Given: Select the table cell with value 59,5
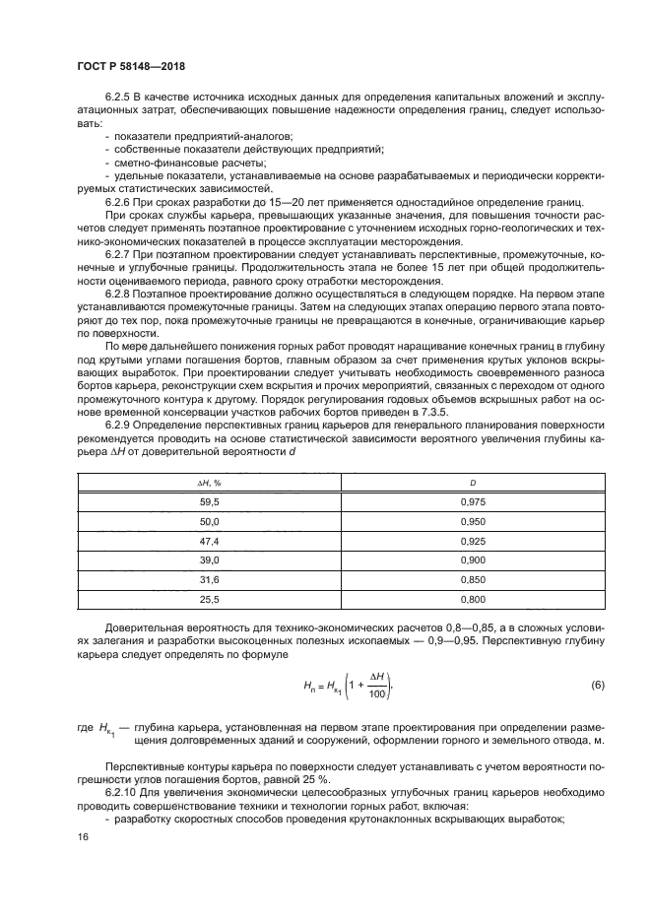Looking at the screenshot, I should tap(209, 501).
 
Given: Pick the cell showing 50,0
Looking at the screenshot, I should tap(209, 521).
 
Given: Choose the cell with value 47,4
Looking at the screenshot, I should tap(209, 541).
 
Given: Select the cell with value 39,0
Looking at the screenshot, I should tap(209, 560).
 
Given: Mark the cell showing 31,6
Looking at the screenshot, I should tap(209, 580).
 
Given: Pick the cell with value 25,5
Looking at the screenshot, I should tap(209, 600).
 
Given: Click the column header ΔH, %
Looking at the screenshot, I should tap(209, 483).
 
